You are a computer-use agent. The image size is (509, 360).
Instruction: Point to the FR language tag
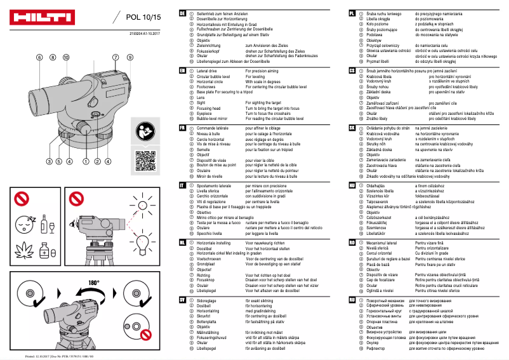pos(183,128)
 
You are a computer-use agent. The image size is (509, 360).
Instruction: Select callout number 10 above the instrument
pos(65,57)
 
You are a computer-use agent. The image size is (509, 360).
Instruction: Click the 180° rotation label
pos(94,281)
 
